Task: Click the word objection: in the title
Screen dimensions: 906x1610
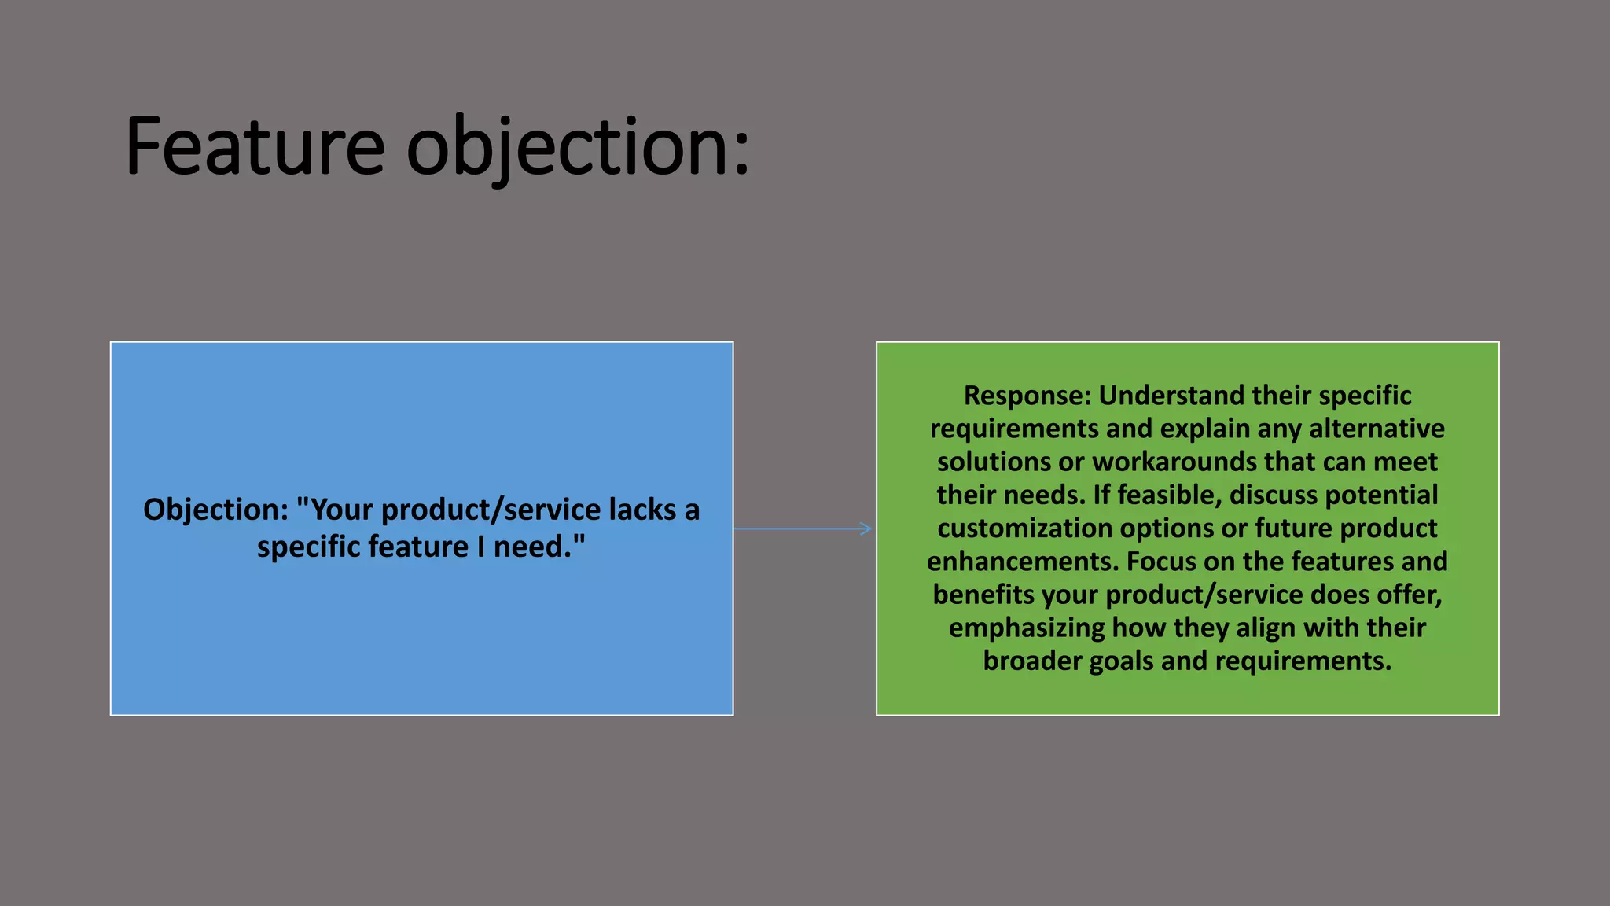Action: (578, 146)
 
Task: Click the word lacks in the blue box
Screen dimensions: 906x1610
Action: (642, 510)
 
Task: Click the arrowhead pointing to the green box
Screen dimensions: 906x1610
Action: (866, 528)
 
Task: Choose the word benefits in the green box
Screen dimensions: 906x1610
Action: (983, 595)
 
